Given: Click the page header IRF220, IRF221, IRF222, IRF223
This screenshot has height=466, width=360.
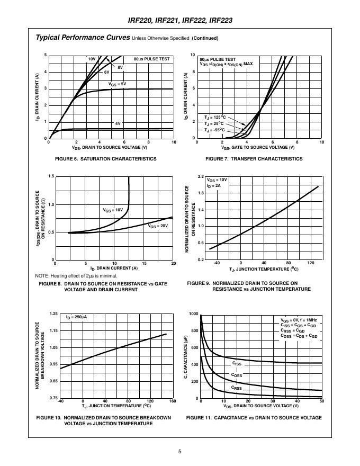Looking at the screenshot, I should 181,21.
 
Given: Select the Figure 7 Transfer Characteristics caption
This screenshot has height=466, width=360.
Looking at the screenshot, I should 254,159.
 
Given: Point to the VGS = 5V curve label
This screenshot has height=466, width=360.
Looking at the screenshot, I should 118,84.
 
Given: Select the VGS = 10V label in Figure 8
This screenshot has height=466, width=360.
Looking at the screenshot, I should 113,210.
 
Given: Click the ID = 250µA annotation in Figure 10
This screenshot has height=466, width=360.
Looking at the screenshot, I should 76,317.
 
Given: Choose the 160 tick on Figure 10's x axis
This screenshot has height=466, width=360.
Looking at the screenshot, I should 173,401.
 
